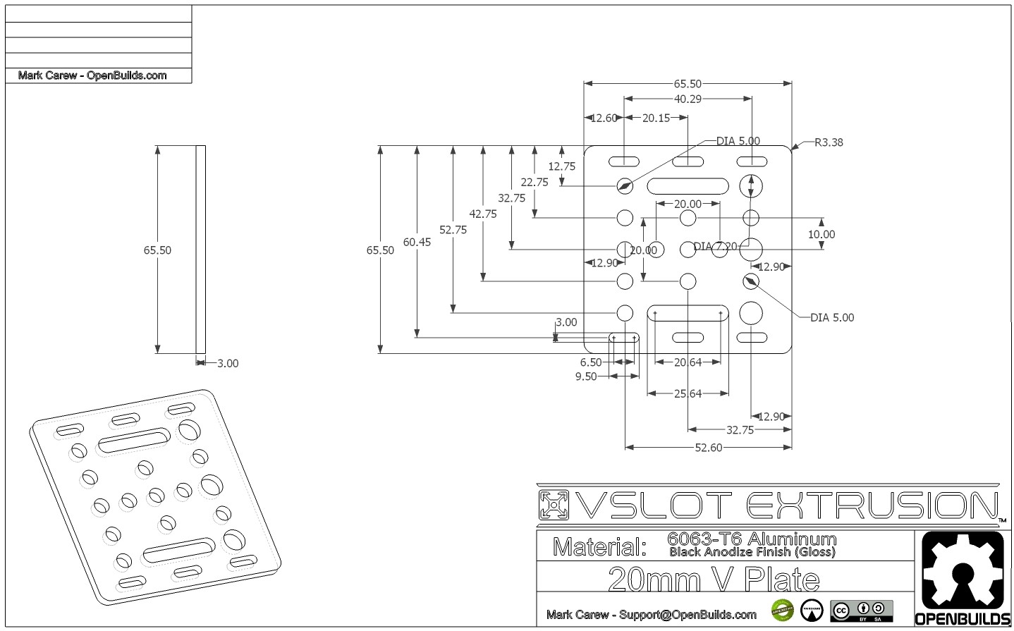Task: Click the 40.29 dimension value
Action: [687, 99]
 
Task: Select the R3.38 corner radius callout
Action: [828, 142]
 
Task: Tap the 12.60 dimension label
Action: [603, 118]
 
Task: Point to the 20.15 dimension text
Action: [656, 118]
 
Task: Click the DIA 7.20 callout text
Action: [715, 246]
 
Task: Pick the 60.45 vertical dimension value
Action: [417, 242]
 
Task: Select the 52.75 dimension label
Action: [453, 229]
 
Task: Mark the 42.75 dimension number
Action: [483, 214]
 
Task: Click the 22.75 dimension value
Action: [535, 182]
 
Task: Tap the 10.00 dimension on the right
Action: [821, 234]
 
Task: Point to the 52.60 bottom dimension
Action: [708, 447]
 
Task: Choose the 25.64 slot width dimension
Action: [688, 393]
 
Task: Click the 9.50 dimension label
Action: [586, 376]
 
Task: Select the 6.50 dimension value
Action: [591, 362]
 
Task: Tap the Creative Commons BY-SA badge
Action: [861, 611]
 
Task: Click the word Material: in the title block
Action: [599, 546]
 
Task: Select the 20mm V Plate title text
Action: [713, 579]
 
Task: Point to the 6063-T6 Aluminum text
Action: [751, 538]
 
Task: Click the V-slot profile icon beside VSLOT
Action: [554, 505]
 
